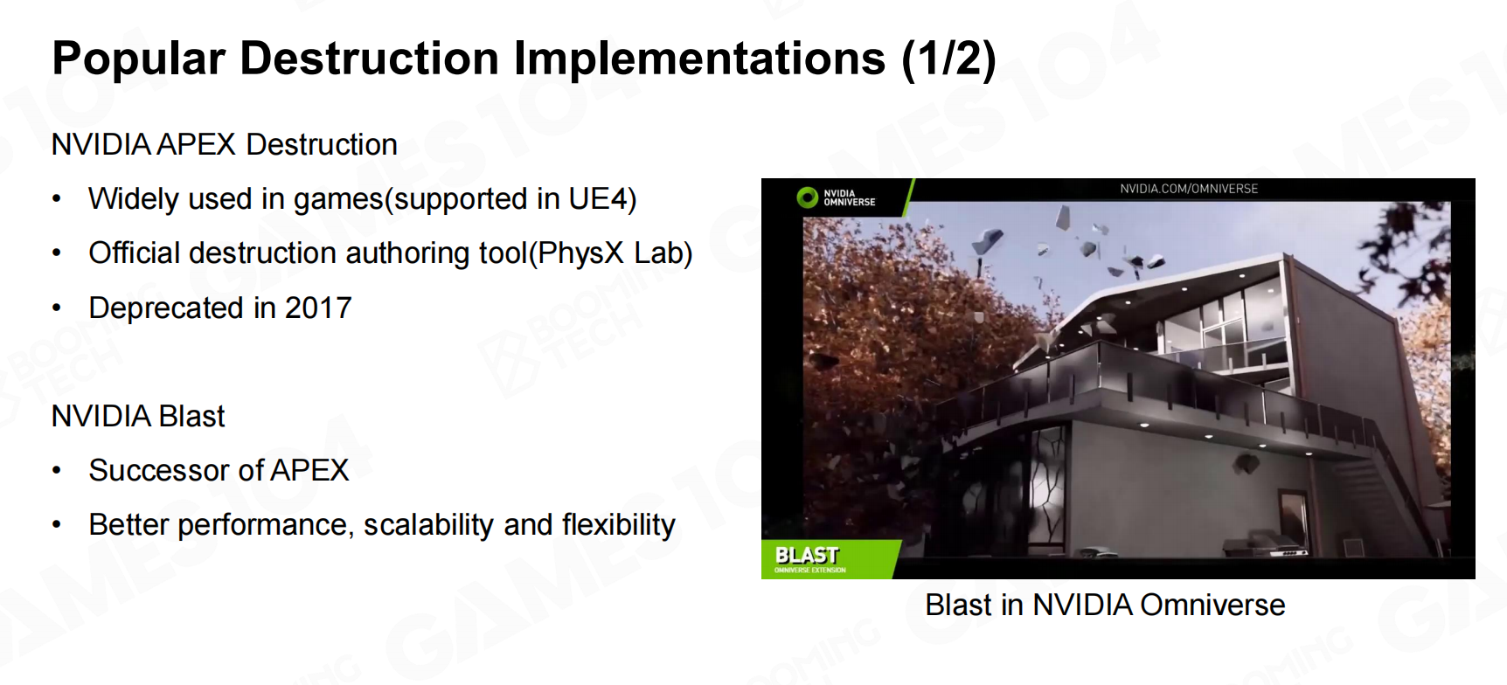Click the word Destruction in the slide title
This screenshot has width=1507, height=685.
[x=370, y=59]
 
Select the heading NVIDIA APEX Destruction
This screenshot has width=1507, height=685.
[x=225, y=144]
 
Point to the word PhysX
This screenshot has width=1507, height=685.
[x=580, y=253]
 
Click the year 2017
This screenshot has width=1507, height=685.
[x=318, y=308]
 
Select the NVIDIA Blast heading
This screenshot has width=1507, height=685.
[x=138, y=416]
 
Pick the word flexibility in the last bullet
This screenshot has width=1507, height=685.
[x=619, y=525]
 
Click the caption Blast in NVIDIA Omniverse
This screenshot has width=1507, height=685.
[x=1105, y=605]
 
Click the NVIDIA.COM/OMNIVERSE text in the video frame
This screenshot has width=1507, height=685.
[x=1189, y=189]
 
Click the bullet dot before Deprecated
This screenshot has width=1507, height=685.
[x=57, y=308]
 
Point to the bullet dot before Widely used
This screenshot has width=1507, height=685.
[x=57, y=199]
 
